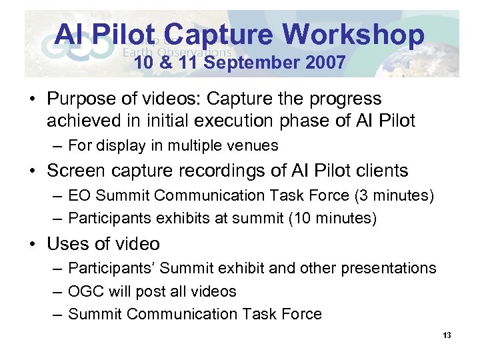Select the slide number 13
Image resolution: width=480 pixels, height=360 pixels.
click(447, 335)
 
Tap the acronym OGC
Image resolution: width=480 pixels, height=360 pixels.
click(86, 291)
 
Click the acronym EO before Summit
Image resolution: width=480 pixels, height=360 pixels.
click(80, 195)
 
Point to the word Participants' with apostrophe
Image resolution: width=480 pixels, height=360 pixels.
click(111, 268)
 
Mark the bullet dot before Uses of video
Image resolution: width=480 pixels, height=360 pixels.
click(33, 244)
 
